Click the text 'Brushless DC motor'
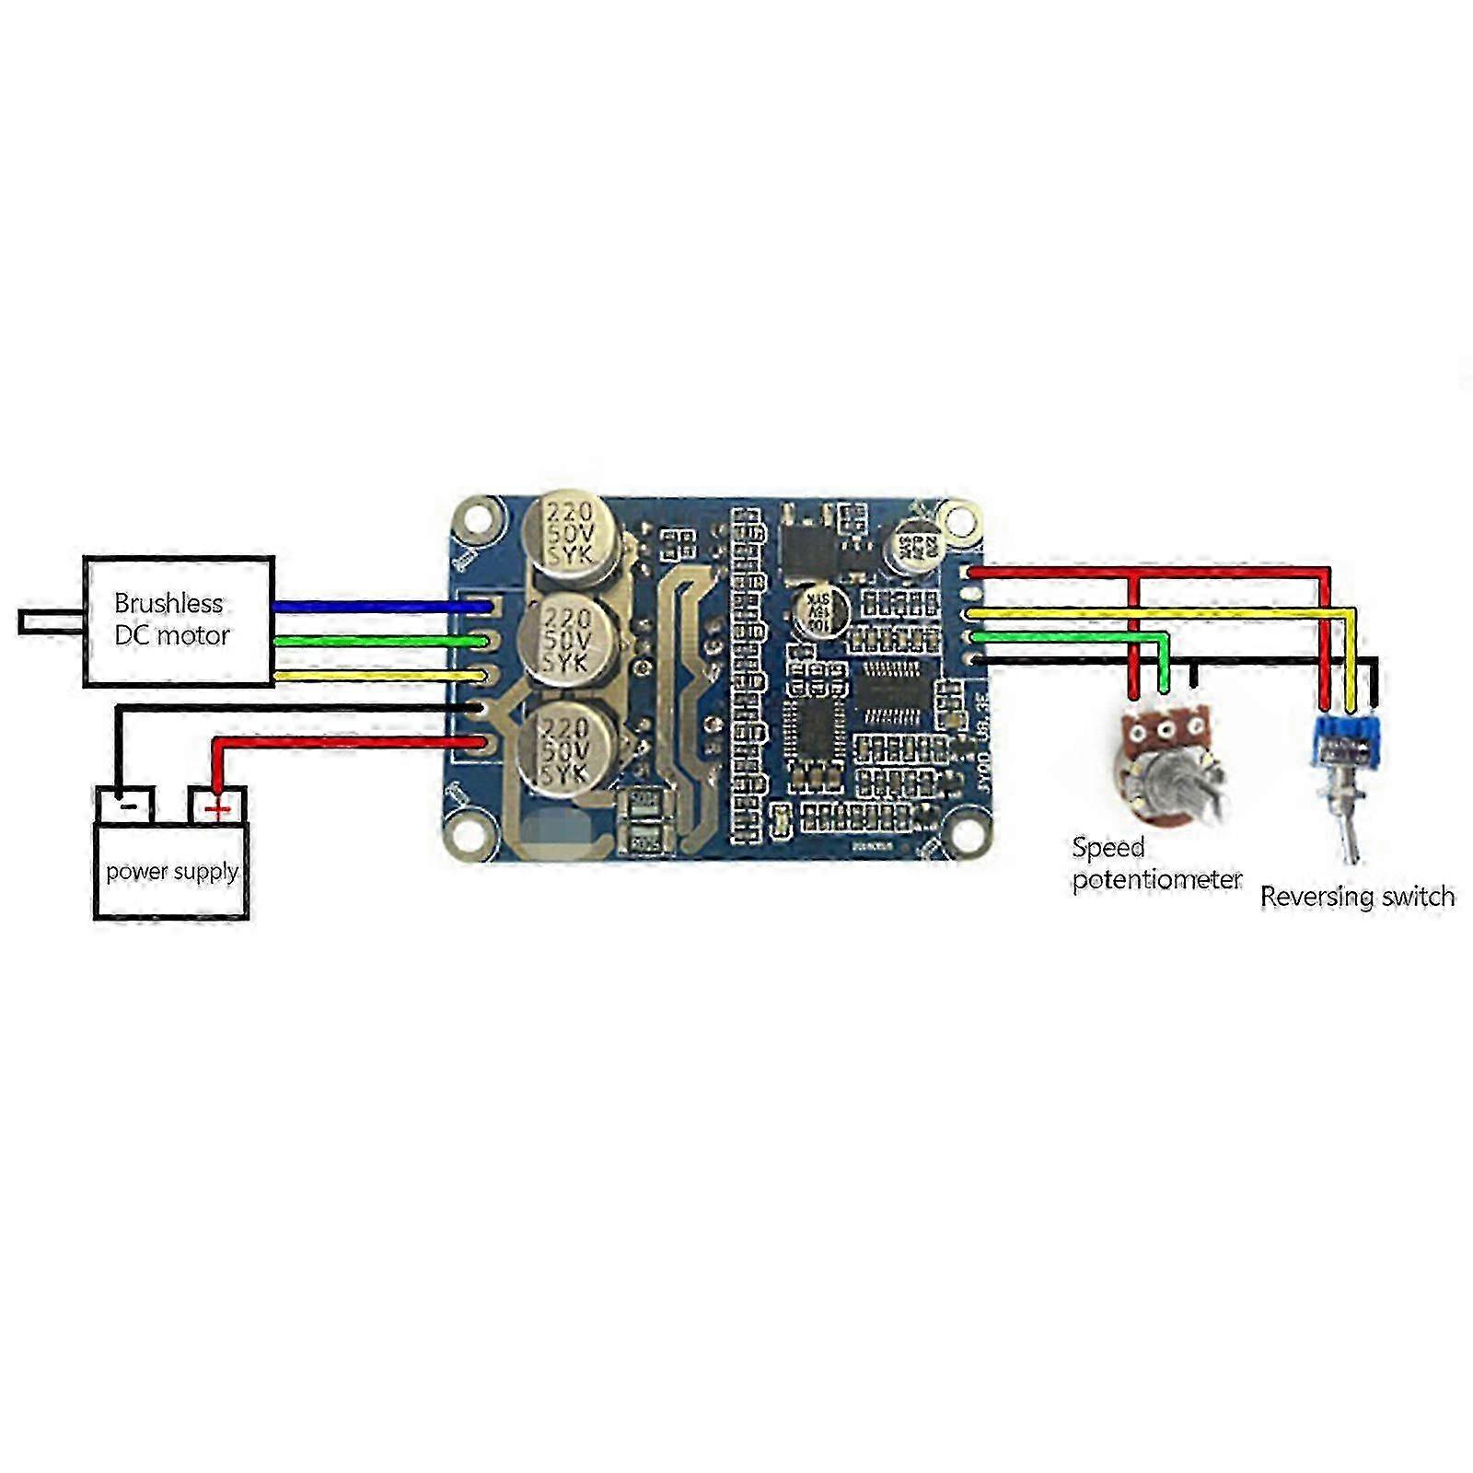[x=171, y=620]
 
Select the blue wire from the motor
[x=377, y=607]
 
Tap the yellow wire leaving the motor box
[x=377, y=677]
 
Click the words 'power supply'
[x=172, y=871]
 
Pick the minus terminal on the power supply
[x=126, y=806]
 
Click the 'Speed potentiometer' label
[x=1155, y=864]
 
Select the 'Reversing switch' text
[x=1357, y=897]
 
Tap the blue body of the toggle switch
[x=1347, y=742]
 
